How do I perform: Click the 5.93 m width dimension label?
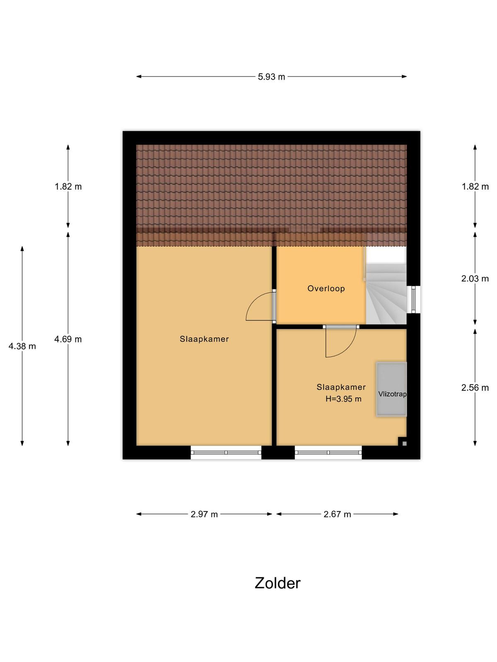click(271, 77)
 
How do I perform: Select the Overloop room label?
click(326, 289)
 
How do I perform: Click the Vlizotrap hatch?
click(391, 389)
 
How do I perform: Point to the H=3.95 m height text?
click(343, 399)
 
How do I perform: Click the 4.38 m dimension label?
click(22, 346)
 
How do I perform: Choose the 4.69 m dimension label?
click(68, 339)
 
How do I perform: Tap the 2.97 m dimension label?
click(204, 514)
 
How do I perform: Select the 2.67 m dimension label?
click(337, 514)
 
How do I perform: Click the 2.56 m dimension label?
click(475, 388)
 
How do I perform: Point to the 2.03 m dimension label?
click(475, 279)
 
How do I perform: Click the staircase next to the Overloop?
click(386, 294)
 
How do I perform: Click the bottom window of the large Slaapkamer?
click(226, 452)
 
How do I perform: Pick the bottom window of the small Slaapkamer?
click(328, 452)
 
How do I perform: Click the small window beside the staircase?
click(413, 299)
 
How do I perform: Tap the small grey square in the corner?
click(404, 444)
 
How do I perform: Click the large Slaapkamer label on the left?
click(204, 339)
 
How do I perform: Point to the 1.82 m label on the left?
click(68, 187)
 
